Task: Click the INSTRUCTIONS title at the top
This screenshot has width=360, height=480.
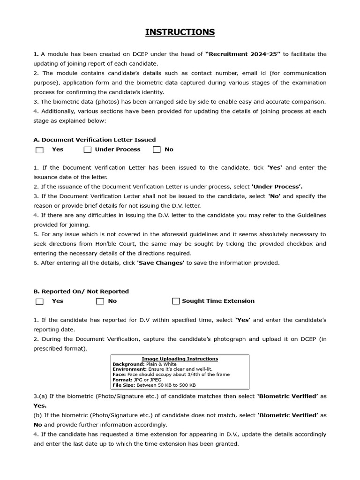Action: click(x=180, y=32)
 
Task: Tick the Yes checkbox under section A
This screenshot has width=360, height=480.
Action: click(x=40, y=150)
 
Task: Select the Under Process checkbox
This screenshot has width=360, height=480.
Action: click(x=88, y=150)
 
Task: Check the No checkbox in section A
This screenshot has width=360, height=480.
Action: click(x=157, y=150)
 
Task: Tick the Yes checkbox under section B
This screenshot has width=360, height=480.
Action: click(x=40, y=301)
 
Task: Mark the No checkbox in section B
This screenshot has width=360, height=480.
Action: click(x=100, y=301)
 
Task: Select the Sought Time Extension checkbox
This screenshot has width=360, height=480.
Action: click(x=176, y=301)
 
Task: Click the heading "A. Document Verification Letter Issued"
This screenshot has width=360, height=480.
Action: click(x=95, y=140)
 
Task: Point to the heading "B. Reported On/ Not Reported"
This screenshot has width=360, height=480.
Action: click(x=81, y=291)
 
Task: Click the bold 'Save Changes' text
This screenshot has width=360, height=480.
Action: click(x=160, y=263)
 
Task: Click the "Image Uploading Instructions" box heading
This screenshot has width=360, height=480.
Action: click(x=180, y=359)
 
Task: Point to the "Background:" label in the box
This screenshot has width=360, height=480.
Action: click(x=128, y=364)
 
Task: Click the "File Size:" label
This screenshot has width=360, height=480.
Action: click(x=124, y=385)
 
